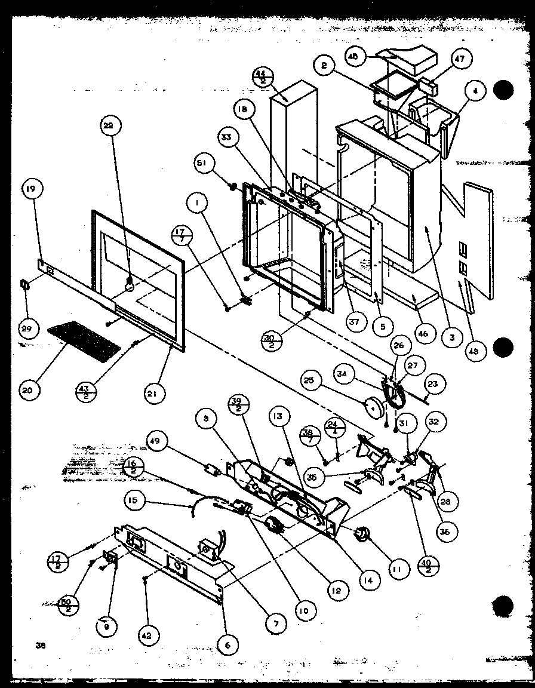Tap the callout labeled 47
[x=460, y=59]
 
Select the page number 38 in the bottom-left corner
[x=41, y=644]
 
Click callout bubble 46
[x=422, y=333]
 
